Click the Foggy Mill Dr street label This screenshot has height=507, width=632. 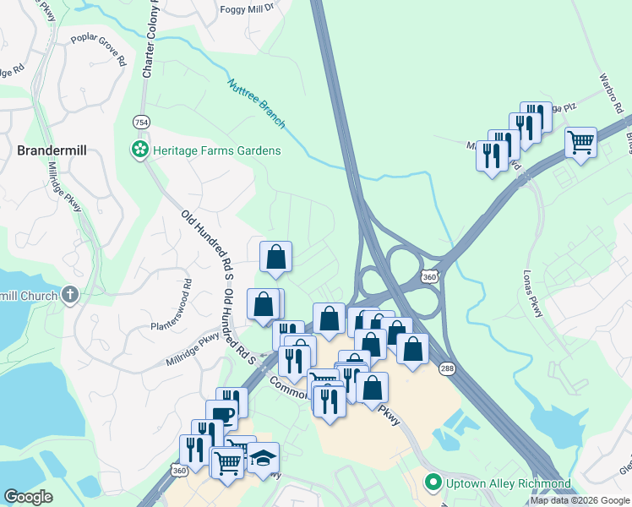tap(248, 8)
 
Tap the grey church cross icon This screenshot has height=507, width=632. tap(70, 296)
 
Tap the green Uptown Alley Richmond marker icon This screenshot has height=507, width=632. tap(433, 483)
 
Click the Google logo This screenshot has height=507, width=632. tap(29, 497)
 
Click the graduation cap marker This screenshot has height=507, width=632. tap(263, 457)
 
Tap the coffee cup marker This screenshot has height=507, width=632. tap(222, 415)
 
